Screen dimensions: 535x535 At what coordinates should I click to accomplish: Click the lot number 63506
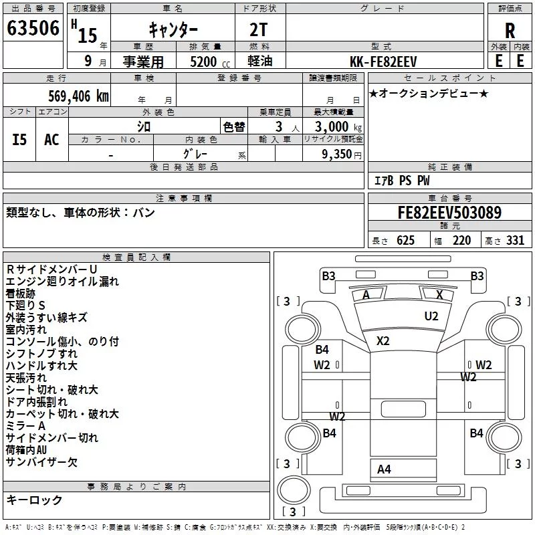(33, 28)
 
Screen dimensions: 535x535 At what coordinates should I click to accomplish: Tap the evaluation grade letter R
(510, 31)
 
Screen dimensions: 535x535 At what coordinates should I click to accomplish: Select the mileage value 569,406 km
(78, 96)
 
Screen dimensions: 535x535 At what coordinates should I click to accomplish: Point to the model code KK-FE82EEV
(383, 62)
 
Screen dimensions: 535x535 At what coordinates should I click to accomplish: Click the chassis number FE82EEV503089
(449, 213)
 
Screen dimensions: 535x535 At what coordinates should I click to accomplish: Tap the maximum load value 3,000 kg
(338, 127)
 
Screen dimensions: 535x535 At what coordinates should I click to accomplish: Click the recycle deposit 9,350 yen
(342, 154)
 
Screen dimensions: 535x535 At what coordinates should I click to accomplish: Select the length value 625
(405, 240)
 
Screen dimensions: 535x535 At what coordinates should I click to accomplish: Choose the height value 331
(515, 240)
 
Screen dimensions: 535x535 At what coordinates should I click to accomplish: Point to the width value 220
(461, 240)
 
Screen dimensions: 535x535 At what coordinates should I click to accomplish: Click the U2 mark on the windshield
(431, 316)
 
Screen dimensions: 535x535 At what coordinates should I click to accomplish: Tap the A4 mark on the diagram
(384, 469)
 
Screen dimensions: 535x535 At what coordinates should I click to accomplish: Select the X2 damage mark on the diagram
(383, 341)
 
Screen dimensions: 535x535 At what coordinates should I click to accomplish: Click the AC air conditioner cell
(51, 140)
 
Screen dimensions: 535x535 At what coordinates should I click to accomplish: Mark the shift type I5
(19, 140)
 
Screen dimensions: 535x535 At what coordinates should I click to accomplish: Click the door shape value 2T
(258, 30)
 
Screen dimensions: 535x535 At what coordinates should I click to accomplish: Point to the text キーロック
(34, 500)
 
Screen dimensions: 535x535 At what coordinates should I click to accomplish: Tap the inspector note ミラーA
(25, 426)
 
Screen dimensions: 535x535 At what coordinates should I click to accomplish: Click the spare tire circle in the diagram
(294, 490)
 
